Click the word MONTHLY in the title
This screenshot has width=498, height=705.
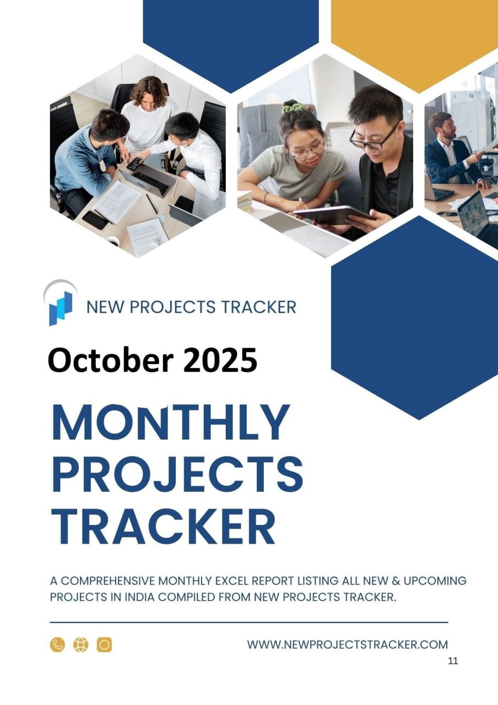[170, 421]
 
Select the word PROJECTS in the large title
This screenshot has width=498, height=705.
[177, 474]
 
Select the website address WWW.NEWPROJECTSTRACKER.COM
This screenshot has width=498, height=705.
[347, 644]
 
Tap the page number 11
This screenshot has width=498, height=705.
[453, 661]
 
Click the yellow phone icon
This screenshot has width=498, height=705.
[57, 644]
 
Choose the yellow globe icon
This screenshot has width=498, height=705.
[81, 644]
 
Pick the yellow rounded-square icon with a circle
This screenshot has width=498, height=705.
[104, 644]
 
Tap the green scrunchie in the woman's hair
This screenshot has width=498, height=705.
[293, 108]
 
